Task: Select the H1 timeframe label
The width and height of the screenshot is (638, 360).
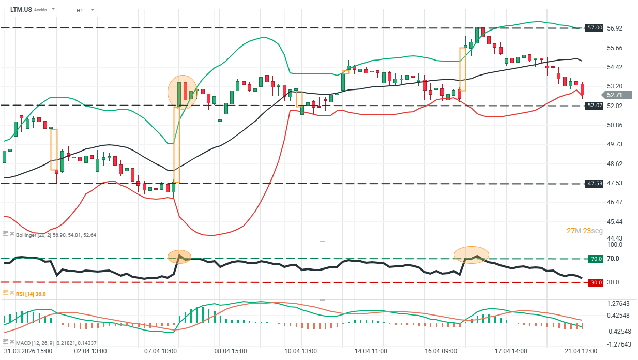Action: (x=80, y=10)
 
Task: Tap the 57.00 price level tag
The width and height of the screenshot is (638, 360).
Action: (x=595, y=28)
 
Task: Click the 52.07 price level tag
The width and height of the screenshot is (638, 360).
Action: (x=595, y=106)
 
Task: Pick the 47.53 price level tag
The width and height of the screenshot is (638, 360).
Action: (x=595, y=184)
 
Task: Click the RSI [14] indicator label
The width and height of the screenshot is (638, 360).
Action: (x=31, y=294)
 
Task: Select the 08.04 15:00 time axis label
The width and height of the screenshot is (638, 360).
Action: (x=230, y=351)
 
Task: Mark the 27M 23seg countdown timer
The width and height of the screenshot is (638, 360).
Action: (x=584, y=231)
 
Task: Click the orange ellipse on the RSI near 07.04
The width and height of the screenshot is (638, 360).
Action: (x=179, y=257)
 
